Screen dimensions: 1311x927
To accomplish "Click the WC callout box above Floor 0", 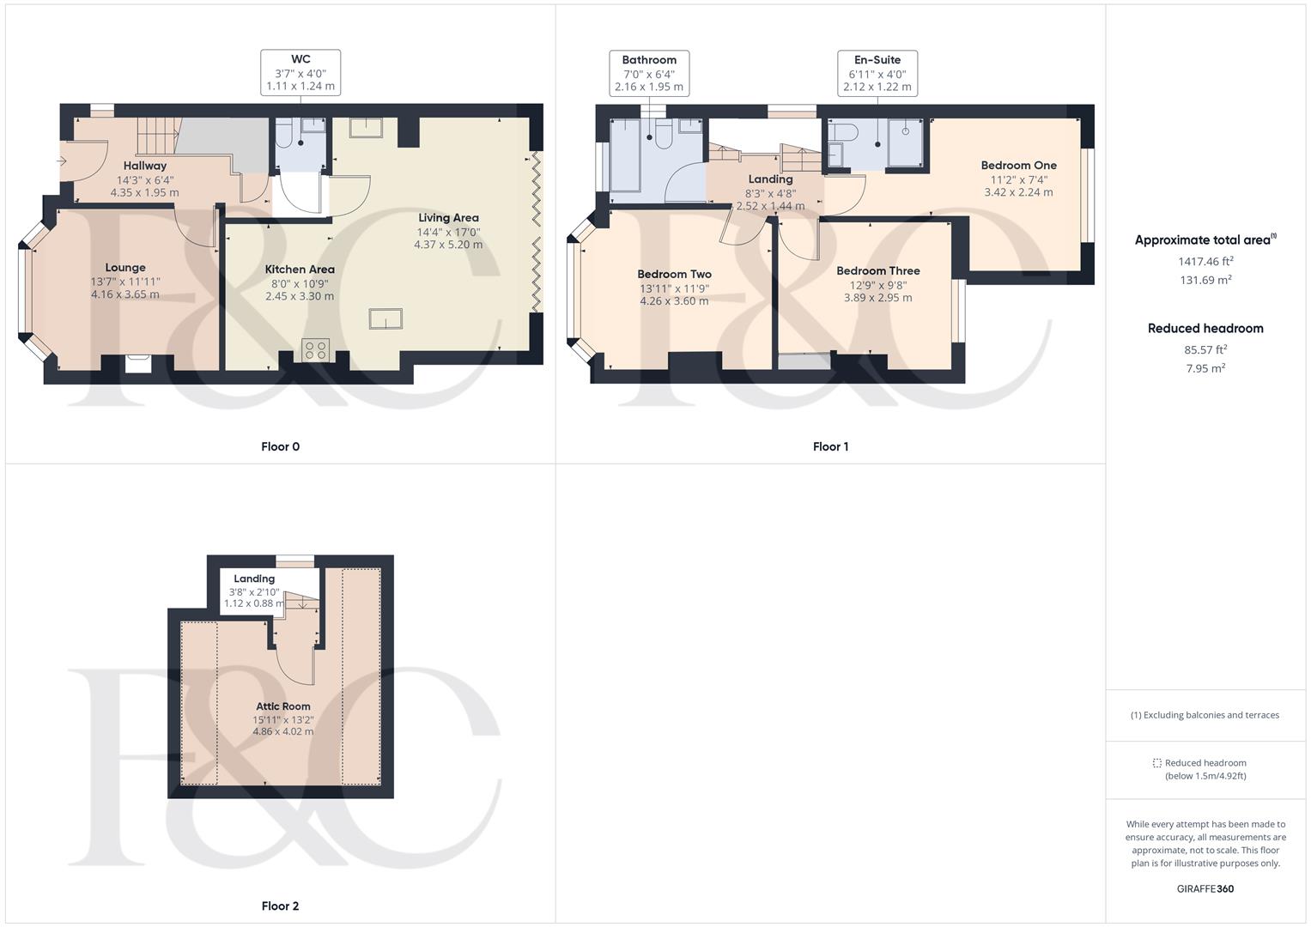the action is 300,73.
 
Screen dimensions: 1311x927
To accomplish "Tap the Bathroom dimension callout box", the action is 649,73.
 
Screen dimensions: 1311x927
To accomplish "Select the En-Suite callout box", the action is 877,73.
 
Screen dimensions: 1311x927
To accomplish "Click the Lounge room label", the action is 125,268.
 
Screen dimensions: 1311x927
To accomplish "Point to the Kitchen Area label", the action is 300,270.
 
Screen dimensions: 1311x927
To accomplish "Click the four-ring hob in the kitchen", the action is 315,350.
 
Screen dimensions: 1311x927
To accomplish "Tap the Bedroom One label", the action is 1019,166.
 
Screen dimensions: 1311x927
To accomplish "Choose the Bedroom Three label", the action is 878,271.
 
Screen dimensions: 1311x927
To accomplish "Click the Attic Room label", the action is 283,706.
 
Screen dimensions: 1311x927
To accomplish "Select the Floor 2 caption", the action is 281,906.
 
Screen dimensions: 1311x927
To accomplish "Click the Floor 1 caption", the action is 830,446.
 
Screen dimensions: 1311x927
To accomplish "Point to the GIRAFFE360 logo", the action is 1205,888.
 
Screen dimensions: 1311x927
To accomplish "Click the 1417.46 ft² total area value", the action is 1205,261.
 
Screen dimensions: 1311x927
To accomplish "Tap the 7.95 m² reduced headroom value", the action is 1205,368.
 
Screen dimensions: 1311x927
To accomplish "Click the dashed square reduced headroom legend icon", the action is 1157,763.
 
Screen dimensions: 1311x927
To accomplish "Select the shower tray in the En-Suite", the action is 906,142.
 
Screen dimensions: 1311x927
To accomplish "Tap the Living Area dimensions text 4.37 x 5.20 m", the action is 448,245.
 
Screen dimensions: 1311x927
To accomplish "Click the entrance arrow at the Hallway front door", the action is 61,161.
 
